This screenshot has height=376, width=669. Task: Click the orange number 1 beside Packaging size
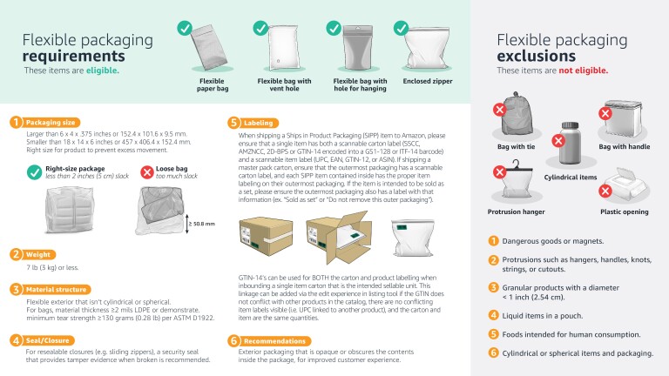tap(17, 122)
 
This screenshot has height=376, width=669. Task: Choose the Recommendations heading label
tap(274, 340)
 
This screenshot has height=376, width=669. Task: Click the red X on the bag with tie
tap(500, 111)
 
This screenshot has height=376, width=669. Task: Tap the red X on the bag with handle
tap(605, 111)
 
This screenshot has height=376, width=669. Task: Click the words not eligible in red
tap(584, 70)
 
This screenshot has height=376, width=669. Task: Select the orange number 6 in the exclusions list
tap(493, 352)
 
